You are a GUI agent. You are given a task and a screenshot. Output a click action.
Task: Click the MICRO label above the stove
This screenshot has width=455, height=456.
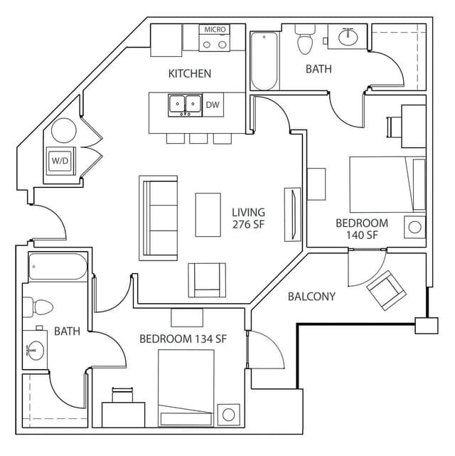[x=215, y=29]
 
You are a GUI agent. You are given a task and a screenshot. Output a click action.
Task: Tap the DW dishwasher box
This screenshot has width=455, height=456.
[x=213, y=105]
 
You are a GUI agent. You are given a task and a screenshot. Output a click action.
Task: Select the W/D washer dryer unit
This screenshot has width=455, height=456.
[x=60, y=161]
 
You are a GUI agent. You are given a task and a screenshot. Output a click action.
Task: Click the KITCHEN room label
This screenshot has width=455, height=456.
[x=189, y=73]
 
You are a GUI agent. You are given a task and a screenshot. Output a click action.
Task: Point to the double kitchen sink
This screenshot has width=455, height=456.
[x=183, y=105]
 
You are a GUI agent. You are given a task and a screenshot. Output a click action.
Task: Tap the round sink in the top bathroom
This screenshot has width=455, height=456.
[x=348, y=37]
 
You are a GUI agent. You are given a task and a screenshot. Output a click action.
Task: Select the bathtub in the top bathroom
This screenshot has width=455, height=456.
[x=264, y=61]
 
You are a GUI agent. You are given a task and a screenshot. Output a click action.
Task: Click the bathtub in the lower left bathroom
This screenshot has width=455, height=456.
[x=58, y=269]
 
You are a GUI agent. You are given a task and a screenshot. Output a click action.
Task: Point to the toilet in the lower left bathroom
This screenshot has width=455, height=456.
[x=40, y=307]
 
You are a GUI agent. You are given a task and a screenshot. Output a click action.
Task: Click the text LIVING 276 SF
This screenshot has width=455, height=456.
[x=248, y=218]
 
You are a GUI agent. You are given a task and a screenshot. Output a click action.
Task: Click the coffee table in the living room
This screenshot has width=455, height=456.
[x=208, y=214]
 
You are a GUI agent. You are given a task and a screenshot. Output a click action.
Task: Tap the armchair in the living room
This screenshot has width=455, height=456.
[x=207, y=280]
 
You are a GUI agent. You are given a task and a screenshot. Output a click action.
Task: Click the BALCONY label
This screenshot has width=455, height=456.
[x=311, y=296]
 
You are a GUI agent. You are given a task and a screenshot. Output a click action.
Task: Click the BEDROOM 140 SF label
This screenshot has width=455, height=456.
[x=362, y=228]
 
